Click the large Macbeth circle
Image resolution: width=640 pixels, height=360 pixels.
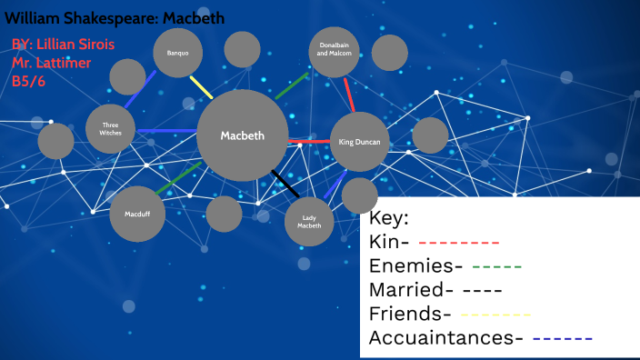pyautogui.click(x=243, y=135)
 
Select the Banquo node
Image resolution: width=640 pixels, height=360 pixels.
pyautogui.click(x=177, y=53)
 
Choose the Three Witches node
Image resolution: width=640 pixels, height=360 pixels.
pyautogui.click(x=111, y=128)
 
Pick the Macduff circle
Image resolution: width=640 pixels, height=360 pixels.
pyautogui.click(x=137, y=215)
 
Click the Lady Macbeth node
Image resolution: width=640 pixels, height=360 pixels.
pyautogui.click(x=309, y=221)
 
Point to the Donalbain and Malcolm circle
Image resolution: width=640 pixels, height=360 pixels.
pyautogui.click(x=335, y=53)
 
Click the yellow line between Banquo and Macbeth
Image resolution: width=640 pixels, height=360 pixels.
pyautogui.click(x=201, y=87)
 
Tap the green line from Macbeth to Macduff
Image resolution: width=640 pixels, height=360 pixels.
pyautogui.click(x=177, y=178)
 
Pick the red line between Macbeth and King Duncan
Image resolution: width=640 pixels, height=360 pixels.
pyautogui.click(x=309, y=142)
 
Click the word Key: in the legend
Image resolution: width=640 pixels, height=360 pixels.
pyautogui.click(x=390, y=218)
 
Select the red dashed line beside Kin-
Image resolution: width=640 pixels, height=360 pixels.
pyautogui.click(x=459, y=244)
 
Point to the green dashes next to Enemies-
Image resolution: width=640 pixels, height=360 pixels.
pyautogui.click(x=496, y=267)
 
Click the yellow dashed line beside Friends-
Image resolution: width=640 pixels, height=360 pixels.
pyautogui.click(x=495, y=315)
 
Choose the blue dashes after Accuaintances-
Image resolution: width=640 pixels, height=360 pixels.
pyautogui.click(x=562, y=339)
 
